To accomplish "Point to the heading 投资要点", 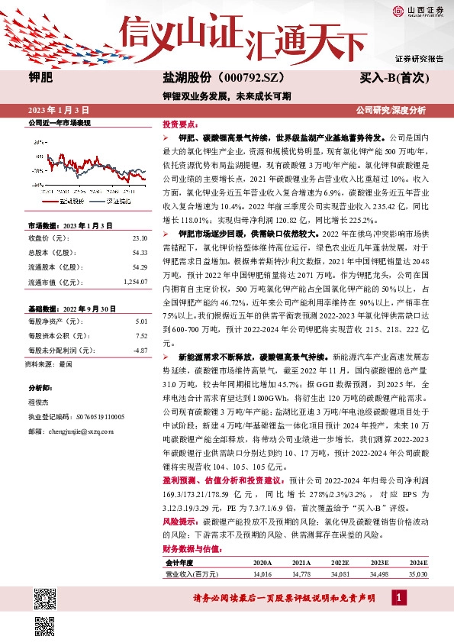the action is [x=178, y=123].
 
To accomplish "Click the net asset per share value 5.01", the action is [x=140, y=321].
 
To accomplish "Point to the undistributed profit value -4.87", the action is [x=139, y=351].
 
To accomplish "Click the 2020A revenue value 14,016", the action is [x=262, y=573].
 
